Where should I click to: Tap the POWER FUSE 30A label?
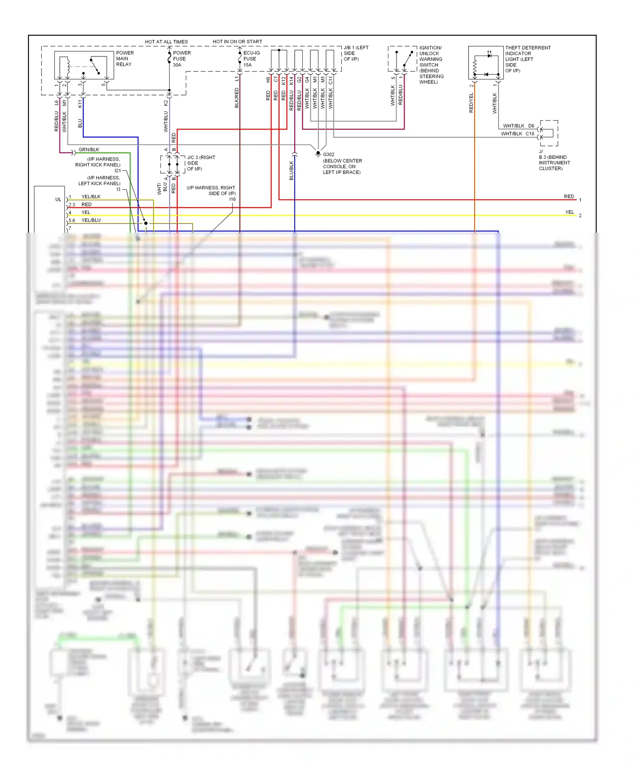coord(181,59)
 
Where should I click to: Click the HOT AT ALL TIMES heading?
coord(166,42)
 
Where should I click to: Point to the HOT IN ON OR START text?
coord(237,42)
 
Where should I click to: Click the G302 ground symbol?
coord(318,154)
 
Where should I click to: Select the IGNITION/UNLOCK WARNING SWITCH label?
coord(431,65)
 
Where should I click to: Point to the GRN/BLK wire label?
coord(89,149)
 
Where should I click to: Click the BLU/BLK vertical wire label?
coord(291,170)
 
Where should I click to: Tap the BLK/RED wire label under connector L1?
coord(237,98)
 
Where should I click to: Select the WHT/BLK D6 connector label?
coord(518,126)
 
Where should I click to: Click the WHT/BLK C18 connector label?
coord(517,133)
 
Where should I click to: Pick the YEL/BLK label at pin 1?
coord(91,197)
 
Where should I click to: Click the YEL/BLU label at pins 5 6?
coord(91,220)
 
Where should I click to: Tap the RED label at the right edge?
coord(569,196)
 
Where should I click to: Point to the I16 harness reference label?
coord(232,199)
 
